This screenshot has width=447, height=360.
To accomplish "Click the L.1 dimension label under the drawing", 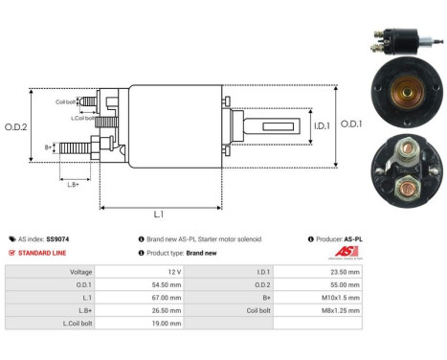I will [x=159, y=214].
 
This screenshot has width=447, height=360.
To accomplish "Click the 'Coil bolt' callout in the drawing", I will [x=65, y=100].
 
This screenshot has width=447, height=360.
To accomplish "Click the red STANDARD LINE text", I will [x=45, y=253].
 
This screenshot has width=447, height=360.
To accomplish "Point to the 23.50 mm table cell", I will [x=344, y=271].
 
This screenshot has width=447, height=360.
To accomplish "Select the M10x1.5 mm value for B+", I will [x=340, y=298].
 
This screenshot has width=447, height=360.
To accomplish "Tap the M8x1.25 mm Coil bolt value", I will [x=340, y=311].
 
